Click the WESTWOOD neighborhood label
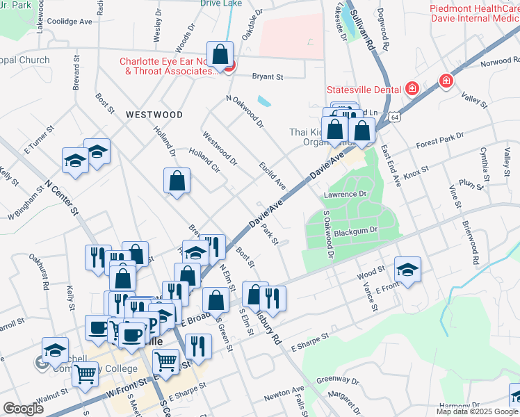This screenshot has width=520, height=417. (x=154, y=115)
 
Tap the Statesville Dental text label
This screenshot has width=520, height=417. (x=364, y=90)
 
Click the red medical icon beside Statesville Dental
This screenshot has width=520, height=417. (x=412, y=89)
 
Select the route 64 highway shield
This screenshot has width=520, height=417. (x=394, y=118)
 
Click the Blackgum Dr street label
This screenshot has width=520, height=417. (x=355, y=230)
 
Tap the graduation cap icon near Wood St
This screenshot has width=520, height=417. (x=407, y=269)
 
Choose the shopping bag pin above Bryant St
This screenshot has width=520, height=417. (x=220, y=54)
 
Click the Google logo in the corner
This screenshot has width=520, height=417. (x=23, y=409)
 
